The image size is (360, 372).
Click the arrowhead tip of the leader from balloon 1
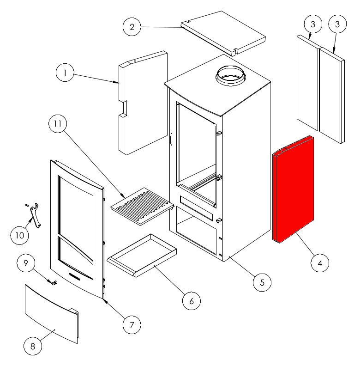point(119,83)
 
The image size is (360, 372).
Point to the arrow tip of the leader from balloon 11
point(125,198)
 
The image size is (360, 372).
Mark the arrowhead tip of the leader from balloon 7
point(102,299)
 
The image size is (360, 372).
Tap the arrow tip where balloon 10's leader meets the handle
point(33,219)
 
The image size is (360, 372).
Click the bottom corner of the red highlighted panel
point(280,244)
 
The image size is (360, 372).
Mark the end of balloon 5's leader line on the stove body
point(229,256)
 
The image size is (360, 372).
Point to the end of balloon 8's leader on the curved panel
point(55,330)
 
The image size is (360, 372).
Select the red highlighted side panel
point(293,189)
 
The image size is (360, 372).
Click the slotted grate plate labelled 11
point(143,207)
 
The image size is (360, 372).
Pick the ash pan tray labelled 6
point(142,256)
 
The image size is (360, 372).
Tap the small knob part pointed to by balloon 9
point(55,282)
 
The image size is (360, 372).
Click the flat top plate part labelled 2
point(223,33)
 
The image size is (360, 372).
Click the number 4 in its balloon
point(320,263)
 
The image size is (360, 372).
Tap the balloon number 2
point(132,27)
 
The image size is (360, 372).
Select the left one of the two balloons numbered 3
point(313,24)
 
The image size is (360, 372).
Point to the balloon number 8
point(33,346)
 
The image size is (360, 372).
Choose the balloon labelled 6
point(192,301)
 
